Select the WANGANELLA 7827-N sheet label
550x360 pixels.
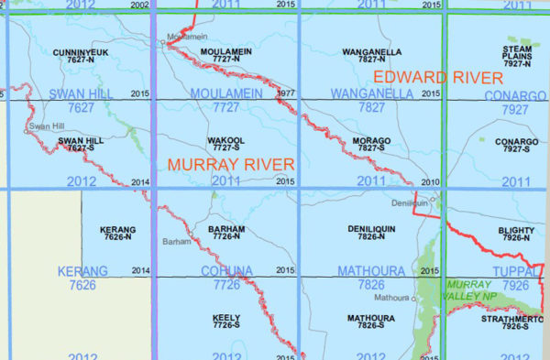pos(371,55)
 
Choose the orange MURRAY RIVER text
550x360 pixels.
pos(229,165)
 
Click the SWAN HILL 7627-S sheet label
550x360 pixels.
pos(81,145)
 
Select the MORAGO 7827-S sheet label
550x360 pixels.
pos(371,145)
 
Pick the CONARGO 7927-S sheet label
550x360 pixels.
pos(516,145)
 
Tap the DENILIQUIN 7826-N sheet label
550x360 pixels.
pos(371,233)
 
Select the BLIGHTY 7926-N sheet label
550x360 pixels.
pos(516,233)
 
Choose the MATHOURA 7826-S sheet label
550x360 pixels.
pos(371,322)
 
